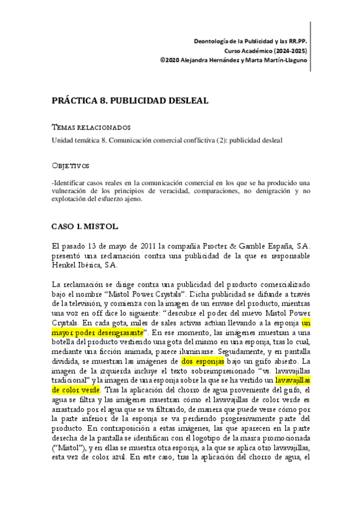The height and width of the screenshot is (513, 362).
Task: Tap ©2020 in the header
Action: coord(170,60)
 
